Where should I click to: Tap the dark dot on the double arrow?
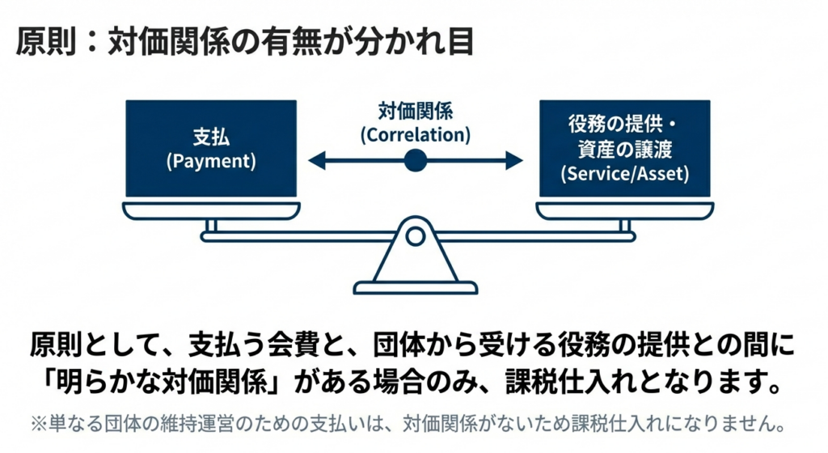click(415, 161)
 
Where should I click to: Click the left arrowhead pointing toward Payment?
click(316, 161)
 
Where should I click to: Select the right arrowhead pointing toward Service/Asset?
click(515, 161)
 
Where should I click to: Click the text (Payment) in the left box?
click(211, 161)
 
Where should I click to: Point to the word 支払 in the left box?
click(211, 138)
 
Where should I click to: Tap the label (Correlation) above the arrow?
click(415, 133)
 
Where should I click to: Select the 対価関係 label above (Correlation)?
click(415, 110)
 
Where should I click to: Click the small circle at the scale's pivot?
click(415, 236)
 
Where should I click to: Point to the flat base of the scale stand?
click(415, 287)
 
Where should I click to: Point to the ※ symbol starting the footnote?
click(40, 422)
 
